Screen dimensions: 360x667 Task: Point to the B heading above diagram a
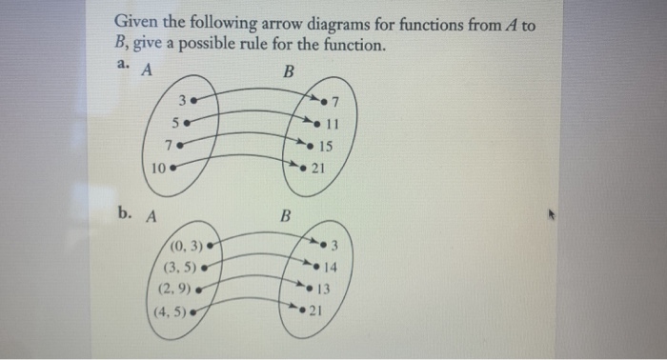(289, 70)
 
